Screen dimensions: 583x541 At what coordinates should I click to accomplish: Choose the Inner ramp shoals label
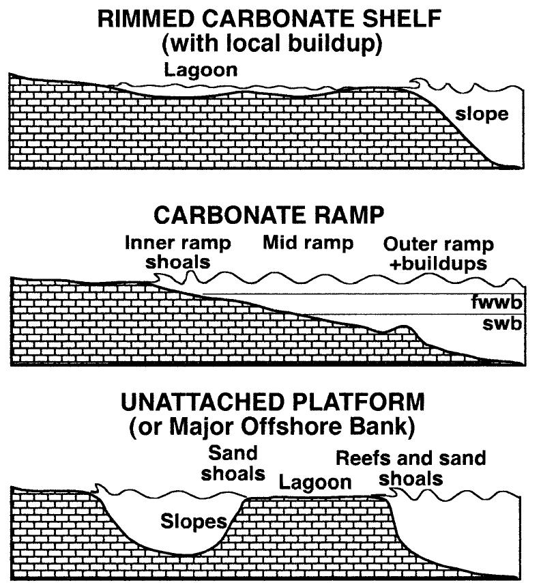pos(177,252)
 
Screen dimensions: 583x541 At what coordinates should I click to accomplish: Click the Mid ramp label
pos(308,242)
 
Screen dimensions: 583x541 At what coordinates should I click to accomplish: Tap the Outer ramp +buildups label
pos(439,253)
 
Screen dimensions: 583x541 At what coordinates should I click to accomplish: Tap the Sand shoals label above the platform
pos(233,462)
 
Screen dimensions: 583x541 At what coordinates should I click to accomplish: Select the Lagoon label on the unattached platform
pos(315,482)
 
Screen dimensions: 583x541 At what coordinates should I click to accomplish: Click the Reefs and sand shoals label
pos(411,468)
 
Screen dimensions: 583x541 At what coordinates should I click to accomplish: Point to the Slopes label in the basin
pos(193,522)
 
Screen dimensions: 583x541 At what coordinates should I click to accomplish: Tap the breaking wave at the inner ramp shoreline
pos(158,279)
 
